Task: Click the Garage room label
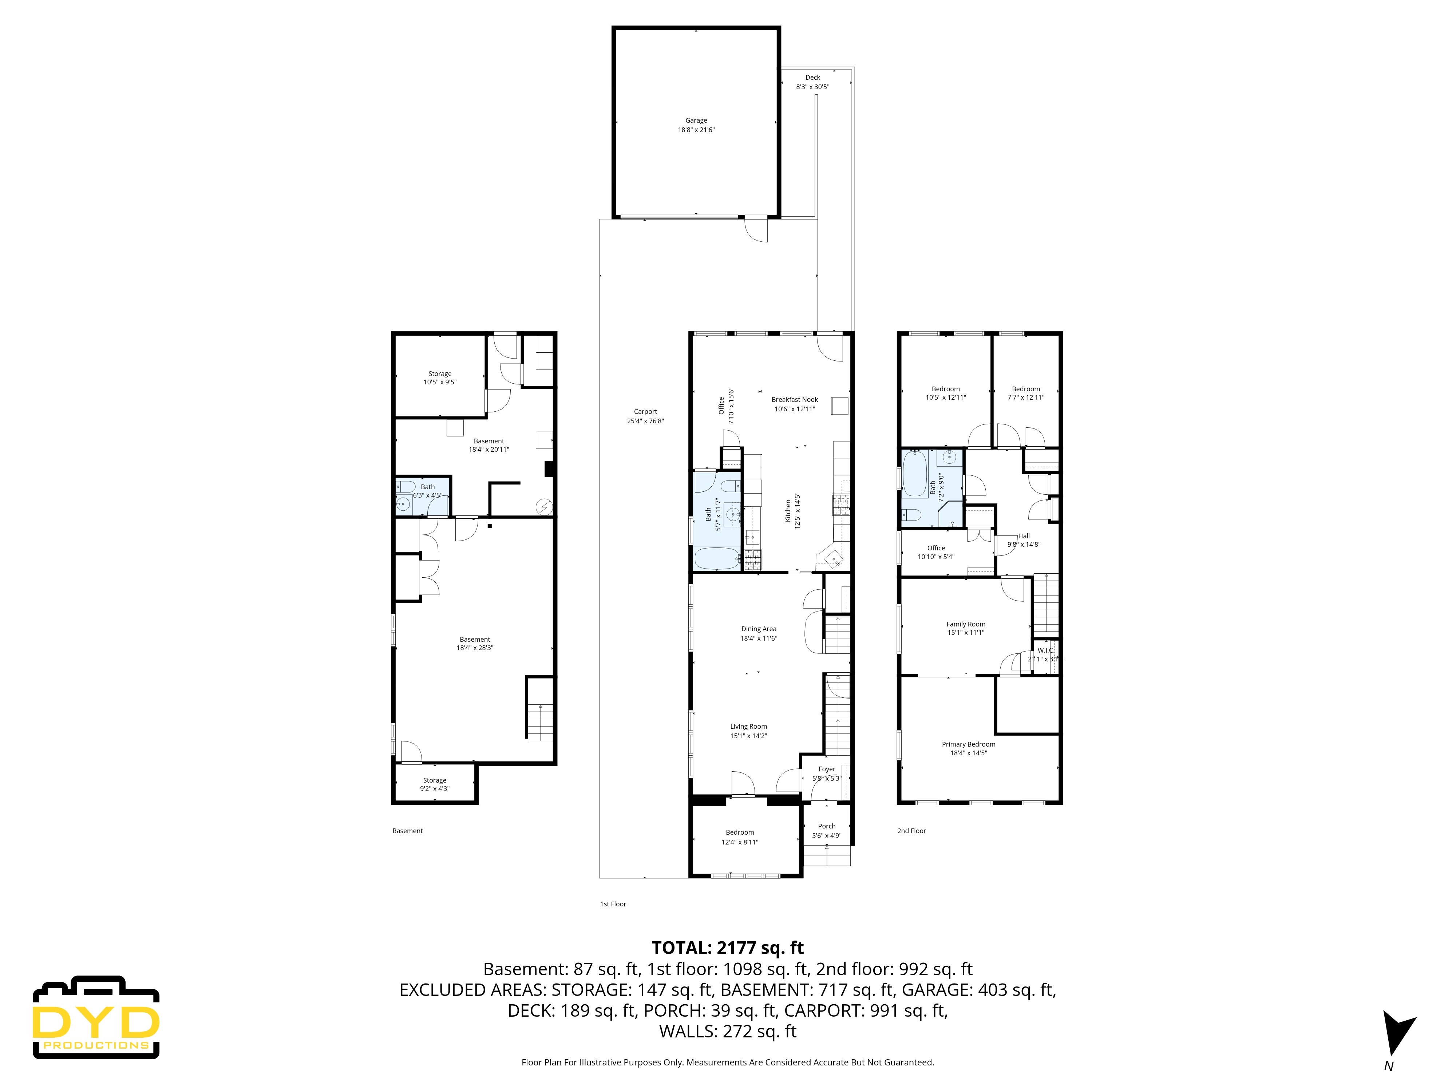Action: [696, 120]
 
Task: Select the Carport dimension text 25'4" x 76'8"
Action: [645, 421]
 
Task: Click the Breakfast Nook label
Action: [795, 400]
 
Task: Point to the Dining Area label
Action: [758, 629]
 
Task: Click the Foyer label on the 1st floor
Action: [827, 769]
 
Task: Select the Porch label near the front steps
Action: [827, 826]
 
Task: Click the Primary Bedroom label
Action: [968, 744]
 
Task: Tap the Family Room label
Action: [966, 624]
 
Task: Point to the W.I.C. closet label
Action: [1045, 650]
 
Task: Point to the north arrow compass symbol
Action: [1396, 1033]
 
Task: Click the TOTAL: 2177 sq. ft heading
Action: [727, 948]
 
